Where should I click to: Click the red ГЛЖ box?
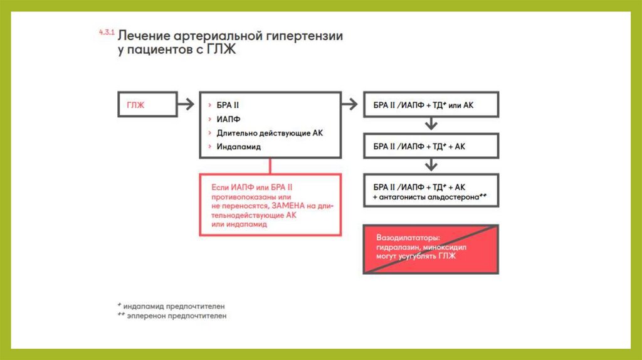147,105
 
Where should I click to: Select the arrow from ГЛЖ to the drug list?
186,105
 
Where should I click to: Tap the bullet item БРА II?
228,105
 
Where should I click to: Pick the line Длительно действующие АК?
269,132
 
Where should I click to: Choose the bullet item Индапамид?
238,146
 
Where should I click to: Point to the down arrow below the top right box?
430,125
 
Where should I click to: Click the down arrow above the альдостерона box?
430,166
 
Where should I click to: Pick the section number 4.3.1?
105,31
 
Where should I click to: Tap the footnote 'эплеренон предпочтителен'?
176,316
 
